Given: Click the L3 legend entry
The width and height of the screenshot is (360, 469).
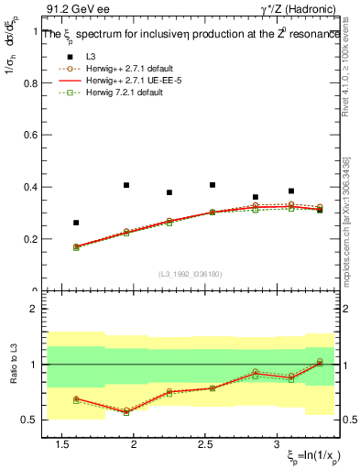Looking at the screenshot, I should [x=93, y=58].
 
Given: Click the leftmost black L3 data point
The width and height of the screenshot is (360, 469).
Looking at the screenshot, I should [x=76, y=223].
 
